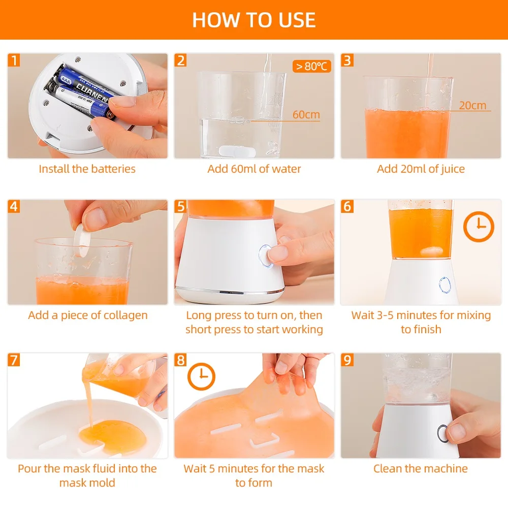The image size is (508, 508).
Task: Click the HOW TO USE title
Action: (253, 20)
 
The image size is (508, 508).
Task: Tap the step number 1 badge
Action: (14, 60)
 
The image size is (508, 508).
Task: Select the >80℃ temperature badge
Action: (312, 66)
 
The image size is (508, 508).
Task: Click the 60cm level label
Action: (306, 114)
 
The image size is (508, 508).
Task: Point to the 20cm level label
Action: (472, 105)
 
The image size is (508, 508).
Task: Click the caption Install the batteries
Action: (87, 169)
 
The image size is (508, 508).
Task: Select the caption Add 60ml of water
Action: (254, 169)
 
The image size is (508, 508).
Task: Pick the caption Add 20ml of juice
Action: (421, 169)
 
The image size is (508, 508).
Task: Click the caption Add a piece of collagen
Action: (88, 315)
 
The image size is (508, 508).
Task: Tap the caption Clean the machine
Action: (421, 468)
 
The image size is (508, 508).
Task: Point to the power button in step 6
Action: (444, 285)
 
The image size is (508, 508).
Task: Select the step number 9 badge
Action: (347, 360)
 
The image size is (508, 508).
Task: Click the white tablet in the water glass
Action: (237, 151)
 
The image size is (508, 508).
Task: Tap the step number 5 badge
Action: (180, 206)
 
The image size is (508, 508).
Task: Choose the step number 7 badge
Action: (14, 360)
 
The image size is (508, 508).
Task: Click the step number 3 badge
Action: (347, 60)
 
